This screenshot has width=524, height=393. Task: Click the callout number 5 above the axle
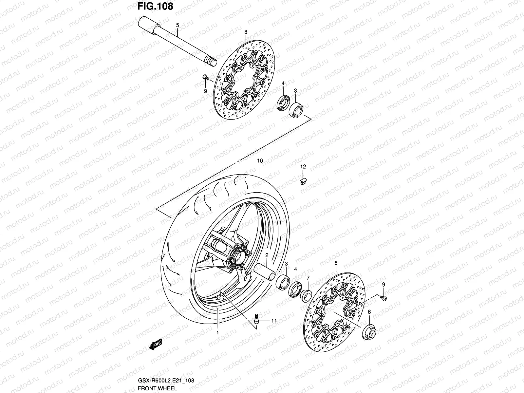point(178,25)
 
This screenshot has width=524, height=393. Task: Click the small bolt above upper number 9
point(205,77)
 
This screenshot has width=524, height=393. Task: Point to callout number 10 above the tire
point(260,161)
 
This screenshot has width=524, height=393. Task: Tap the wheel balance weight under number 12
point(303,181)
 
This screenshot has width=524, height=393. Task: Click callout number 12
point(303,167)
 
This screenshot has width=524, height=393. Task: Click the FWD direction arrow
point(156,344)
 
